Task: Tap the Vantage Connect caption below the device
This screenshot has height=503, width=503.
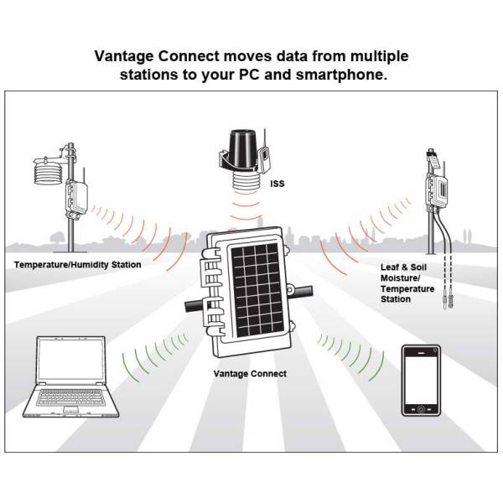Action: [x=251, y=374]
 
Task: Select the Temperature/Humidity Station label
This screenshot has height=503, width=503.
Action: [x=77, y=265]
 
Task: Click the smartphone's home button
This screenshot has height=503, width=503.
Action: [x=419, y=411]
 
